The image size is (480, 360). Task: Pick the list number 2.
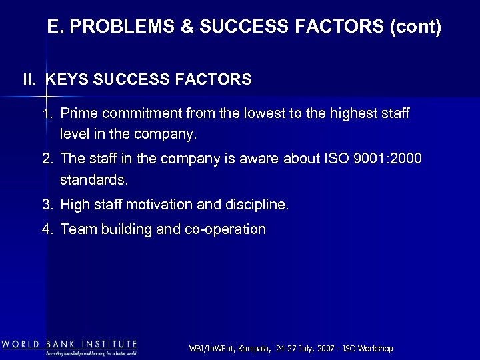pyautogui.click(x=47, y=159)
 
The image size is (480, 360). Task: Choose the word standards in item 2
pyautogui.click(x=93, y=179)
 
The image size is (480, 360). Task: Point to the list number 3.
pyautogui.click(x=47, y=205)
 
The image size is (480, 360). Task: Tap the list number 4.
pyautogui.click(x=47, y=230)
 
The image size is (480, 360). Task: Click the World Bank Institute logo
pyautogui.click(x=69, y=347)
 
